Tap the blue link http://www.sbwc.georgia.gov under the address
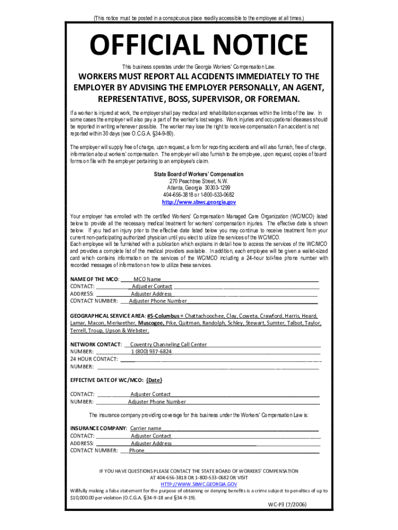point(198,202)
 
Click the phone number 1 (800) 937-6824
point(151,351)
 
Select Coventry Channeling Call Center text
point(169,344)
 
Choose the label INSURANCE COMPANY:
point(98,429)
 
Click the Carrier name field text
point(146,429)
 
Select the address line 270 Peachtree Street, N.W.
point(198,181)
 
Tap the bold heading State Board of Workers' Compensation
point(198,174)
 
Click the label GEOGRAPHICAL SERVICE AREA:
point(108,315)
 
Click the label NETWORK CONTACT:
point(96,344)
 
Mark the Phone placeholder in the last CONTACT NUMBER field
point(137,450)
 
